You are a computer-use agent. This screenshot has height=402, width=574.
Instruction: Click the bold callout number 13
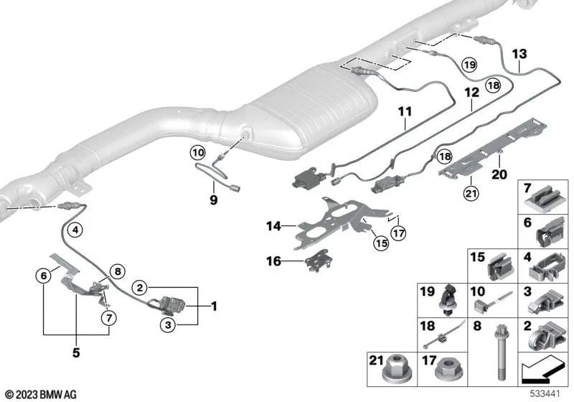[519, 54]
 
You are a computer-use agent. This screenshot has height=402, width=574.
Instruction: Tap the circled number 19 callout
[469, 65]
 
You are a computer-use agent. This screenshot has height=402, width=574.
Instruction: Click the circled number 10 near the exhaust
[197, 151]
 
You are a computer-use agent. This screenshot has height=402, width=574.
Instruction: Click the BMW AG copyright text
[39, 394]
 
